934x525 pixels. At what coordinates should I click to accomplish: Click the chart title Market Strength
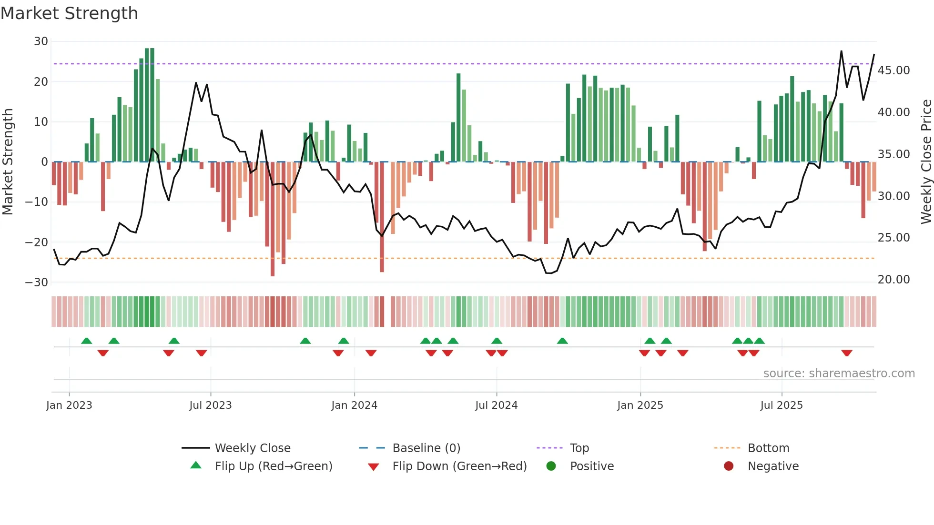point(69,13)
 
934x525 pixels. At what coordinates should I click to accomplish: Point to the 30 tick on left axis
point(41,41)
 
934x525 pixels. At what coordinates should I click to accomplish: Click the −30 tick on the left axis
point(37,283)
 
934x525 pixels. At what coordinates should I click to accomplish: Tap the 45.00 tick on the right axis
point(893,71)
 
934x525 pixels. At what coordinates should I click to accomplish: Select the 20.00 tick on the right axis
point(893,280)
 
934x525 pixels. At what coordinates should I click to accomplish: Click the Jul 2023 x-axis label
point(210,405)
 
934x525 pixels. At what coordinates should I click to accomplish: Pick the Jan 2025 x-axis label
point(640,405)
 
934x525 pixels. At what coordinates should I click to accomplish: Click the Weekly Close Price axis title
point(926,162)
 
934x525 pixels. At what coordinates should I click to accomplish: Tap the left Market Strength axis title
point(8,162)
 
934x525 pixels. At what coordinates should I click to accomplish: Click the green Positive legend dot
point(551,466)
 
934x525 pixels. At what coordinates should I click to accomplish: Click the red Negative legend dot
point(729,466)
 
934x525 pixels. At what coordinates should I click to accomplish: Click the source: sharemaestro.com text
point(839,374)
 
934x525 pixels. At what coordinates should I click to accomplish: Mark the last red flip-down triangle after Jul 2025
point(847,353)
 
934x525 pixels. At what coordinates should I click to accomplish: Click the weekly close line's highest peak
point(841,51)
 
